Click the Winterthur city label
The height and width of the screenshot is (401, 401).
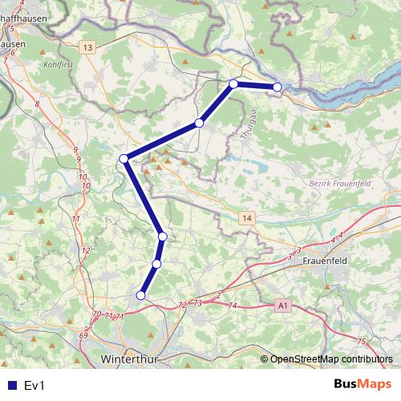click(x=133, y=358)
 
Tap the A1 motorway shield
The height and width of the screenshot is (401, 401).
click(x=282, y=306)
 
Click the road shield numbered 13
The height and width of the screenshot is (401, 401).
click(x=87, y=49)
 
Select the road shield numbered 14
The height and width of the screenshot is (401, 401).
click(x=245, y=217)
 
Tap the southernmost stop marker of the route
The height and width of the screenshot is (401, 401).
click(x=141, y=295)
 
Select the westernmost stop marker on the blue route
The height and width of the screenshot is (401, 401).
click(x=124, y=159)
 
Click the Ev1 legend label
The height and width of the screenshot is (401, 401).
click(x=34, y=386)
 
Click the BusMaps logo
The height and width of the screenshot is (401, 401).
click(x=362, y=385)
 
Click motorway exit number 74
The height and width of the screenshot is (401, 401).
click(x=233, y=306)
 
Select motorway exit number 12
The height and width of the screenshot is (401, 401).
click(x=85, y=251)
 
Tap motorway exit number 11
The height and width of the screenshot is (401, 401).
click(x=76, y=219)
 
